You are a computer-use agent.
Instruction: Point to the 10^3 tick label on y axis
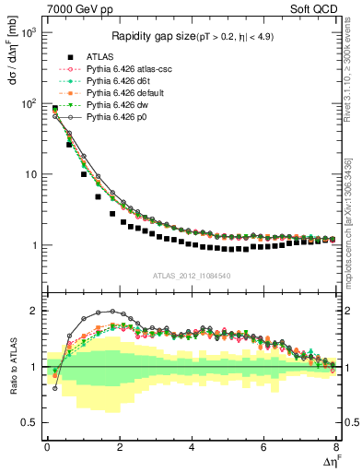pyautogui.click(x=28, y=32)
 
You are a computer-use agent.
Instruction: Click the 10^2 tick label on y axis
pyautogui.click(x=28, y=103)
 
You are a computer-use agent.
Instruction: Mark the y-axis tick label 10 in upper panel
pyautogui.click(x=29, y=174)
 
